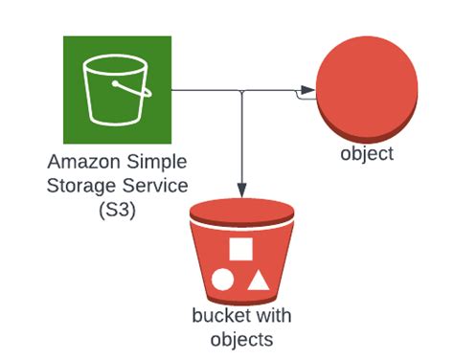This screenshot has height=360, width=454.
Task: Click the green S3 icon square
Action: click(x=117, y=90)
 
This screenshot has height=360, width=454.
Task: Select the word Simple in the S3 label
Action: click(x=157, y=163)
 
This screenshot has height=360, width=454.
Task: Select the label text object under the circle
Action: click(x=367, y=154)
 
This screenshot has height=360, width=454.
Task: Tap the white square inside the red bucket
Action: click(x=240, y=250)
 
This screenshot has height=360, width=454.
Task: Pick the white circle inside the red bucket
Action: click(x=222, y=281)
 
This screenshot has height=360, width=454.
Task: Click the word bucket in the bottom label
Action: click(x=216, y=316)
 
